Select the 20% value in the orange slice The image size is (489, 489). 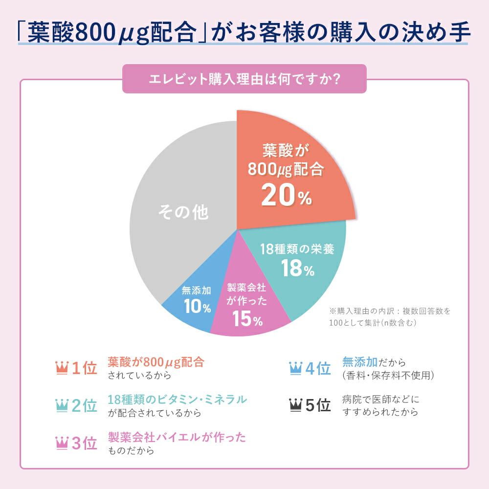(x=286, y=195)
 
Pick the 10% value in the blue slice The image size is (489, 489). (x=197, y=307)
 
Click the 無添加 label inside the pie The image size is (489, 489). (x=197, y=290)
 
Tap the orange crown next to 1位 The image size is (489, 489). (x=62, y=367)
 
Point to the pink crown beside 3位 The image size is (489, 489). (x=62, y=443)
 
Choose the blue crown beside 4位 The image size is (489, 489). (x=296, y=367)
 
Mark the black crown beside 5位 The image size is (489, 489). (x=296, y=405)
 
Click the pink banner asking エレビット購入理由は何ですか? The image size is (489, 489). (x=244, y=79)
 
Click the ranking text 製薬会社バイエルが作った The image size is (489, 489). (x=177, y=437)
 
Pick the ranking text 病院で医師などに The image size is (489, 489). (x=381, y=400)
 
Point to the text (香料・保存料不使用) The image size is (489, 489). (x=388, y=376)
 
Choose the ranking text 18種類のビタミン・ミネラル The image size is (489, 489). (x=177, y=399)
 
